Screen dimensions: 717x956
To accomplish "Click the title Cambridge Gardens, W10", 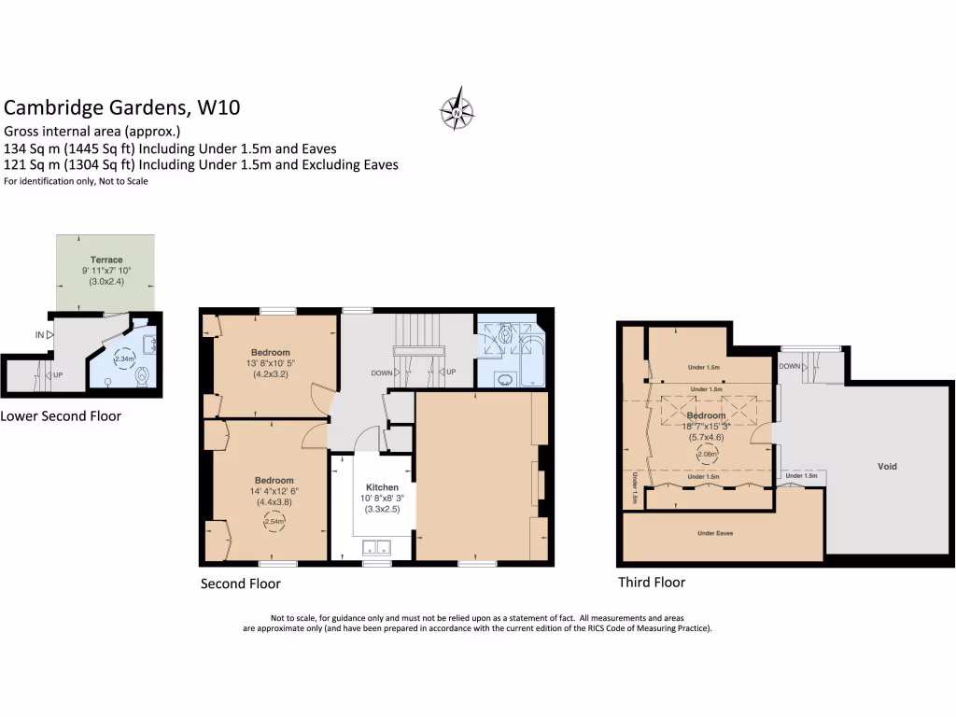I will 122,107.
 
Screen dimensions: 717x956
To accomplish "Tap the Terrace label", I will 106,260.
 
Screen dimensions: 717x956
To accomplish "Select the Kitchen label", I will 382,487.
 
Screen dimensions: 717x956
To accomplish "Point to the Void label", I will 887,466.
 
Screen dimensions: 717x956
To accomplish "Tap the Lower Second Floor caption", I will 61,416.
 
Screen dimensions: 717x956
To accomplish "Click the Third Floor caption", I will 652,583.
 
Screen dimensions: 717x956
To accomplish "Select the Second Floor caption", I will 240,583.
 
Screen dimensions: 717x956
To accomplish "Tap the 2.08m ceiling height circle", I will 708,455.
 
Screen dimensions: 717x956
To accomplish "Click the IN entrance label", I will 40,334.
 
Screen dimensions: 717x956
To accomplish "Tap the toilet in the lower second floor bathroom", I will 142,376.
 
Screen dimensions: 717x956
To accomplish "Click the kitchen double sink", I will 376,547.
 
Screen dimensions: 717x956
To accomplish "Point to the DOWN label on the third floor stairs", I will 789,366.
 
